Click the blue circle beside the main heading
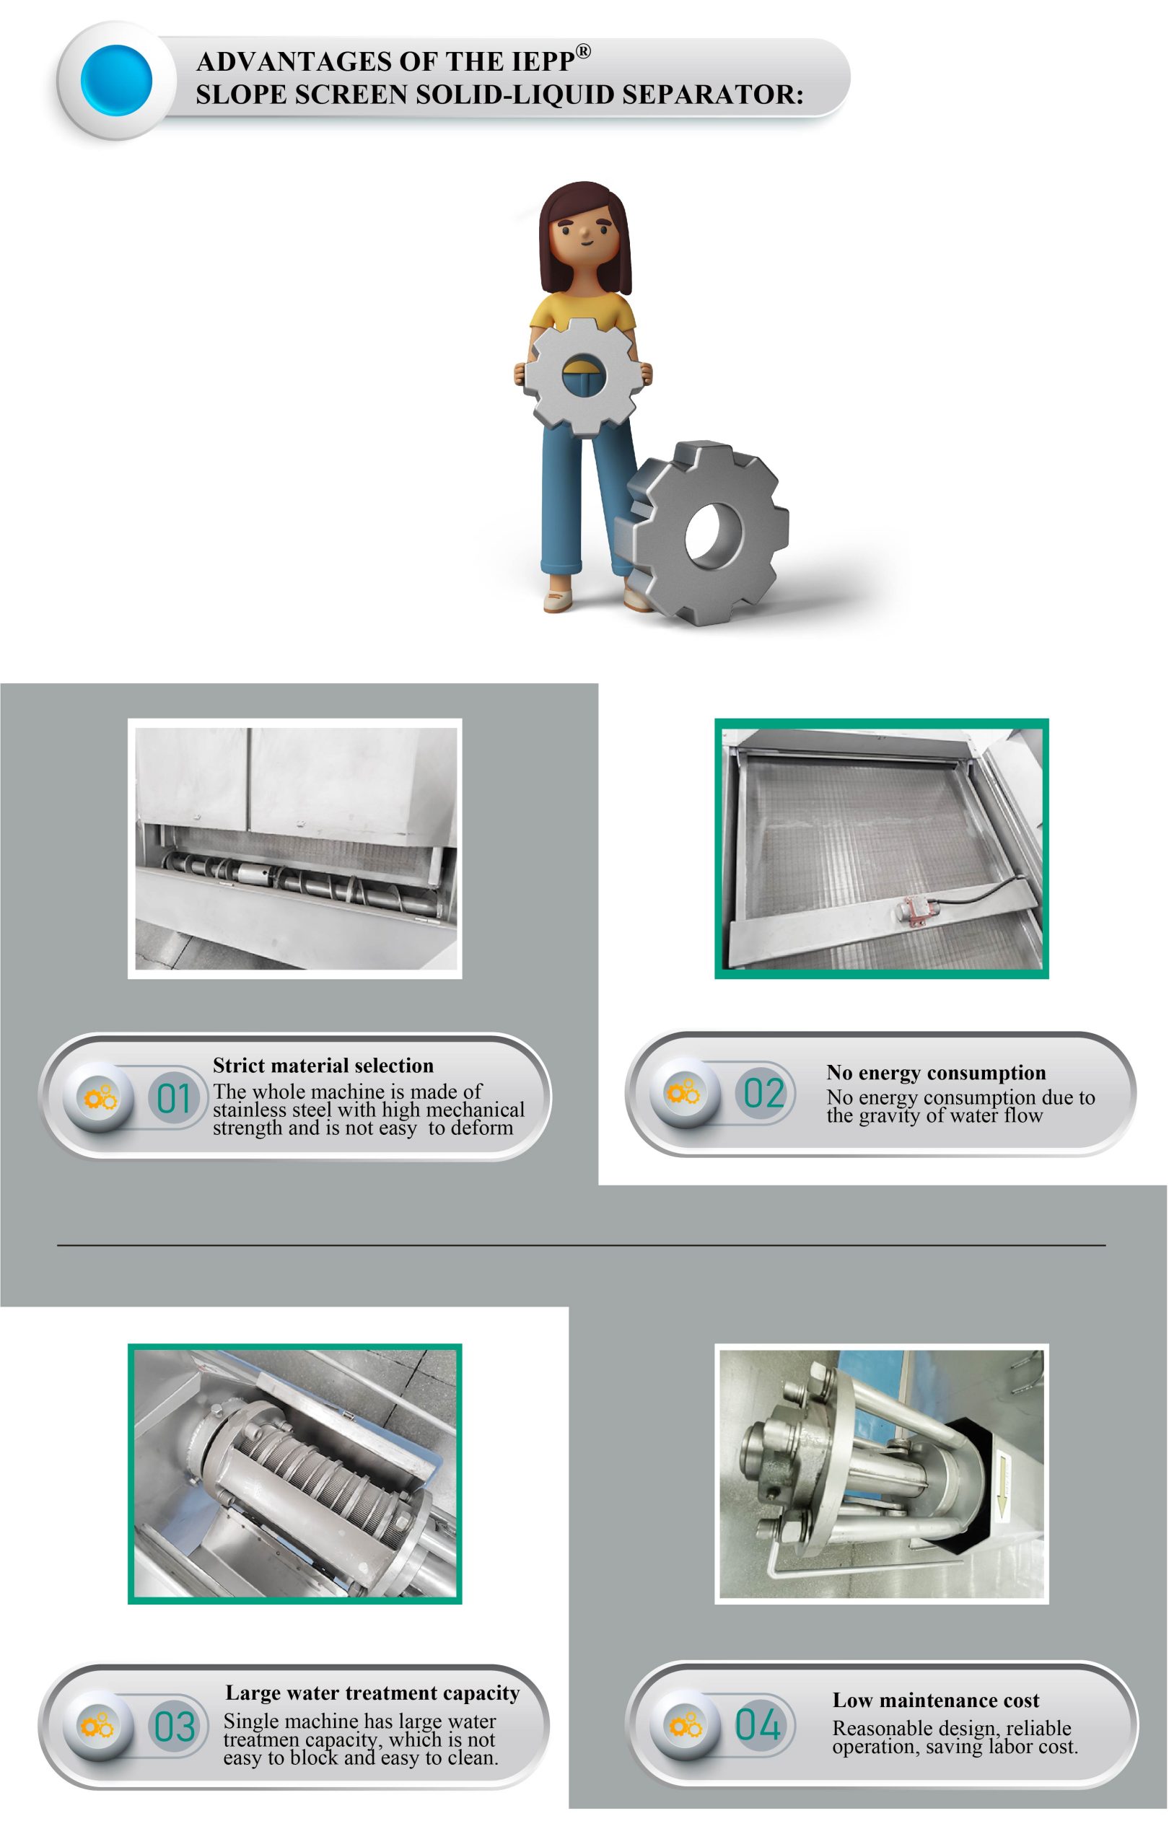[x=117, y=81]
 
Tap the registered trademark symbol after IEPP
[x=583, y=51]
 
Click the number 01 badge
[x=173, y=1097]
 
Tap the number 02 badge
[x=764, y=1092]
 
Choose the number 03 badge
[x=174, y=1726]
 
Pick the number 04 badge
[x=758, y=1724]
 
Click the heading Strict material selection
[x=323, y=1066]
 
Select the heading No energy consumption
[x=936, y=1072]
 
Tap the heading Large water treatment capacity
[x=372, y=1692]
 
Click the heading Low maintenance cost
[x=936, y=1700]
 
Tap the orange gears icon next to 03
[x=97, y=1726]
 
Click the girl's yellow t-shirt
[x=583, y=308]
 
